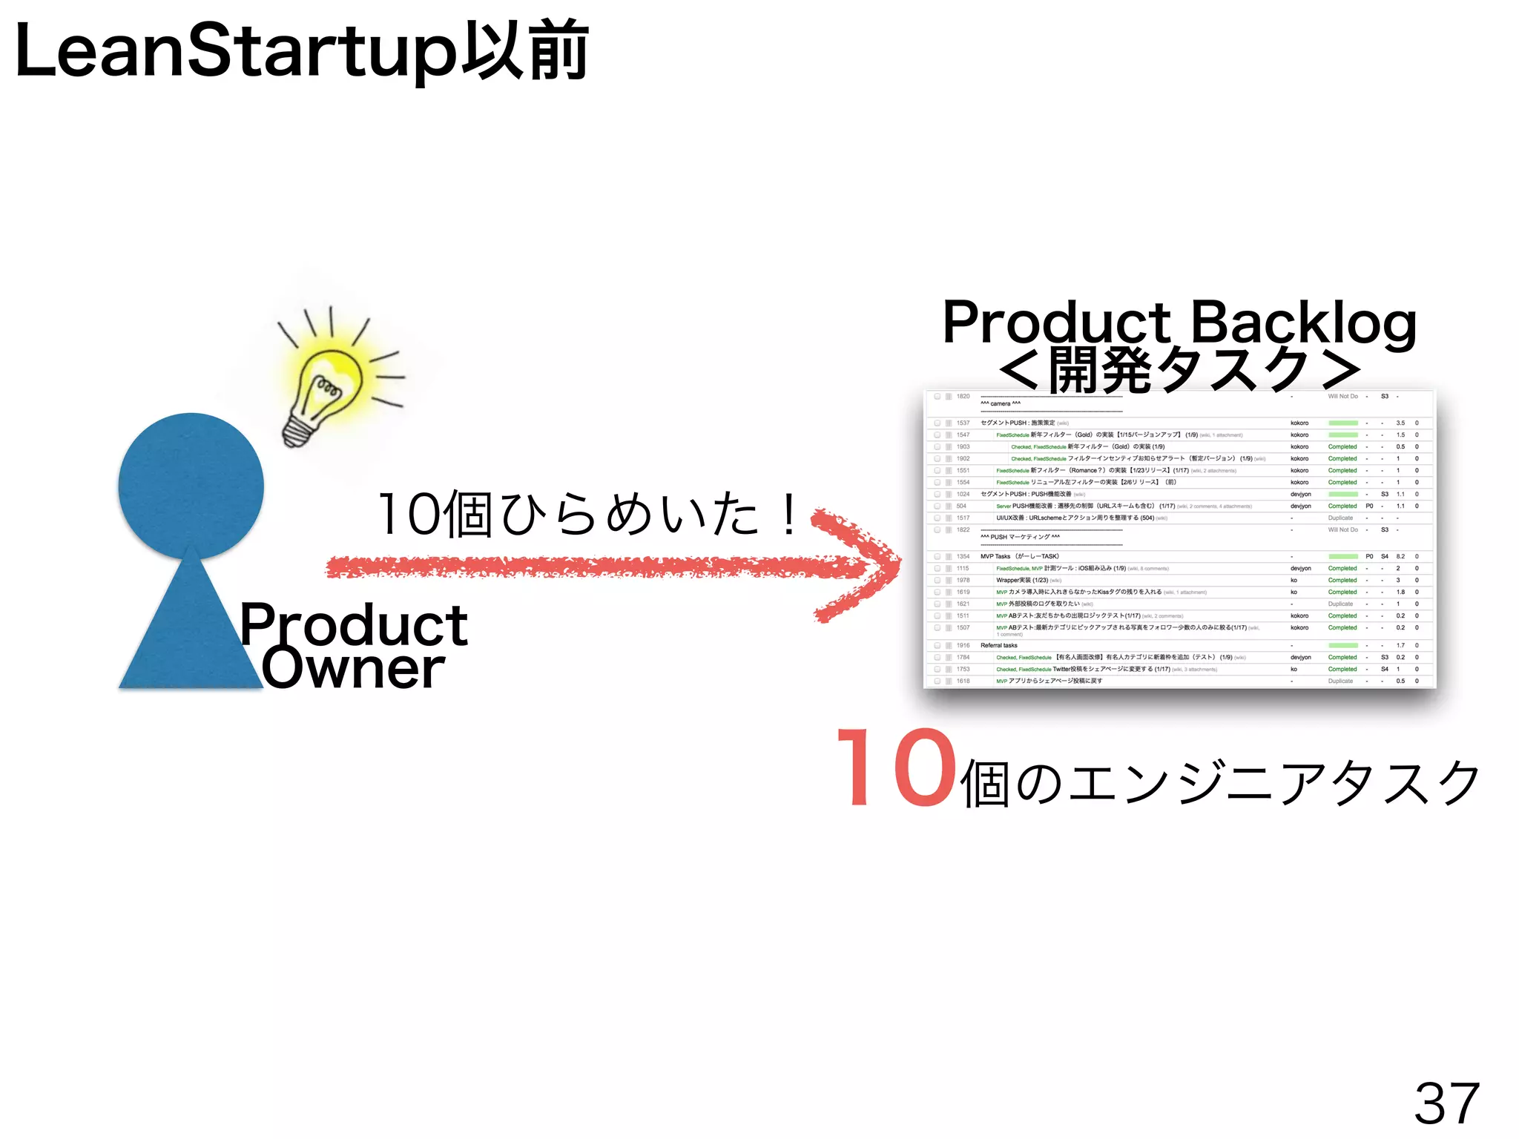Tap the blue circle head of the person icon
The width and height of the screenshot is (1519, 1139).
coord(191,485)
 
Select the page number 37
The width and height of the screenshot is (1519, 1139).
coord(1446,1103)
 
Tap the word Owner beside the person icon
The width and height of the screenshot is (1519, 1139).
coord(353,667)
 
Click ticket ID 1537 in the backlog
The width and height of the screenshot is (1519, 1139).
coord(963,423)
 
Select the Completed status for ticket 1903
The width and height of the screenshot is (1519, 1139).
coord(1342,446)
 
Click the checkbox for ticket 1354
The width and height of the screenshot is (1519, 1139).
coord(938,556)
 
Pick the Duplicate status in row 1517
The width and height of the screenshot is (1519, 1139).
coord(1340,518)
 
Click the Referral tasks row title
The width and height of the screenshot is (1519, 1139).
coord(998,645)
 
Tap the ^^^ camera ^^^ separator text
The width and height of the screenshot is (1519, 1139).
coord(1001,403)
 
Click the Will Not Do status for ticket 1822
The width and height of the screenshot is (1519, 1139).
coord(1342,529)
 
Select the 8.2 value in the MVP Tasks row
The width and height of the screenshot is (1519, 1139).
coord(1400,556)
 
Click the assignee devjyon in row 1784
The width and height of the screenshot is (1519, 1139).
coord(1300,657)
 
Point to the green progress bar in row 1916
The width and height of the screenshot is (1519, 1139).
coord(1342,645)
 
